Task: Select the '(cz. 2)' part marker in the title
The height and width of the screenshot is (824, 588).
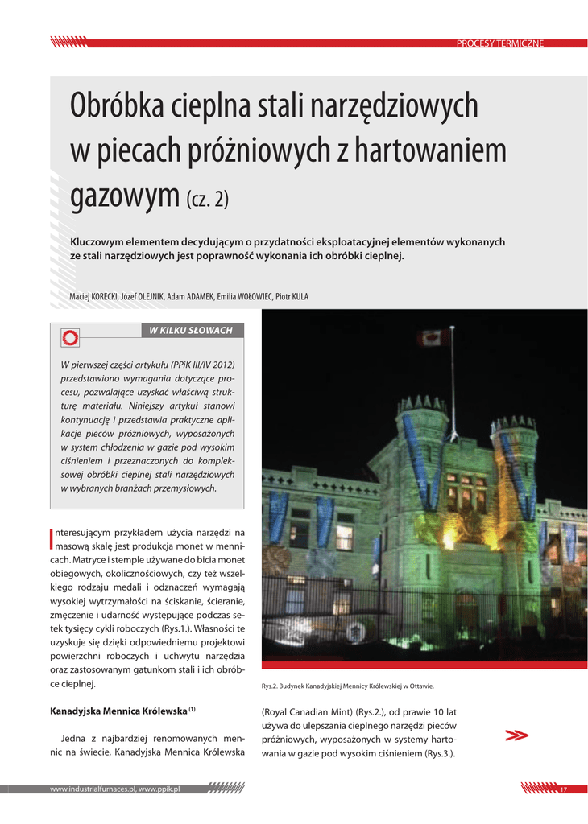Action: (x=207, y=198)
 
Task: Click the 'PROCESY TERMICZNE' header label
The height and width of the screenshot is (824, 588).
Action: (x=500, y=43)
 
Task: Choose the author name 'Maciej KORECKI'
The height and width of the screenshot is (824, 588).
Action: (x=93, y=297)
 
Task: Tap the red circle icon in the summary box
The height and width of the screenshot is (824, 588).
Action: (x=70, y=338)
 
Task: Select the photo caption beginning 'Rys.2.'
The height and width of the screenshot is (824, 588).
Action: (x=348, y=686)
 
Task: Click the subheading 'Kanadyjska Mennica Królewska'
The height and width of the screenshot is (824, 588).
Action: (x=118, y=712)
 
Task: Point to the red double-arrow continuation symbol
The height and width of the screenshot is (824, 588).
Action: (x=516, y=735)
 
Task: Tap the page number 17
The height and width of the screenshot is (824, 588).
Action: (x=564, y=789)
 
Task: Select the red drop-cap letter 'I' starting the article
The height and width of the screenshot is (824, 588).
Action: (x=52, y=539)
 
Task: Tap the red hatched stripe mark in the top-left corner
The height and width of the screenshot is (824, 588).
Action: (x=68, y=41)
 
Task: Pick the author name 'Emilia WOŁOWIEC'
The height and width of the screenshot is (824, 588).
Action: (x=243, y=297)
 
